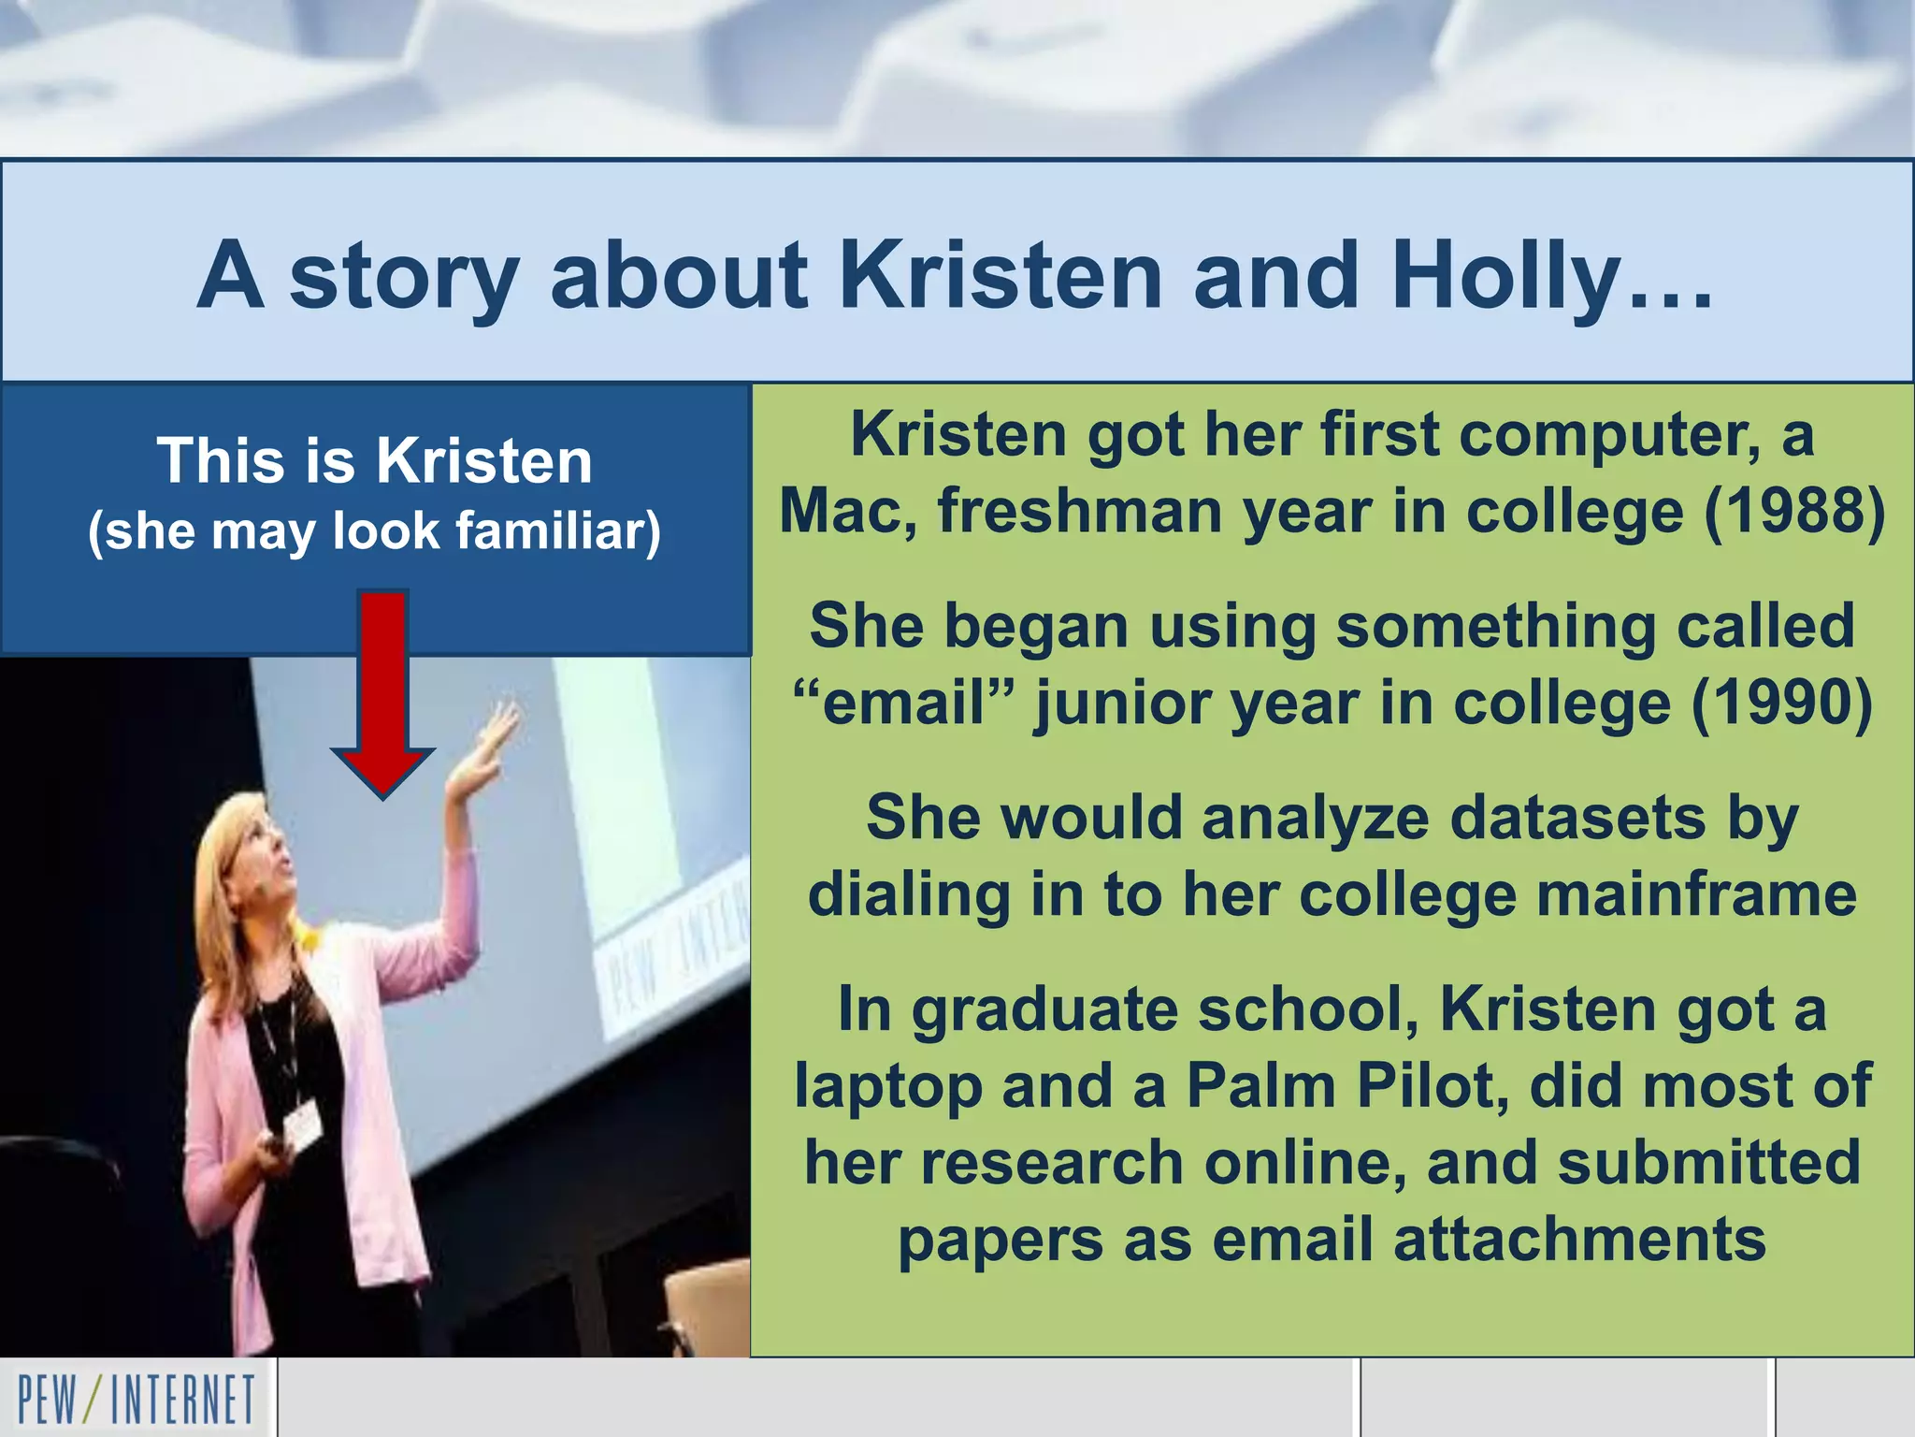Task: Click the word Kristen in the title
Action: (1001, 275)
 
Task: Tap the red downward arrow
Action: (382, 692)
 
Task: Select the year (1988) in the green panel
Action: (1794, 512)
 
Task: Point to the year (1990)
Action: (1782, 704)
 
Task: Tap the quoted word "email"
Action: (903, 704)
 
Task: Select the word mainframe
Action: (1696, 895)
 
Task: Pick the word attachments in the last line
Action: (1579, 1241)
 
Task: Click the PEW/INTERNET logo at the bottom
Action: (137, 1400)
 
